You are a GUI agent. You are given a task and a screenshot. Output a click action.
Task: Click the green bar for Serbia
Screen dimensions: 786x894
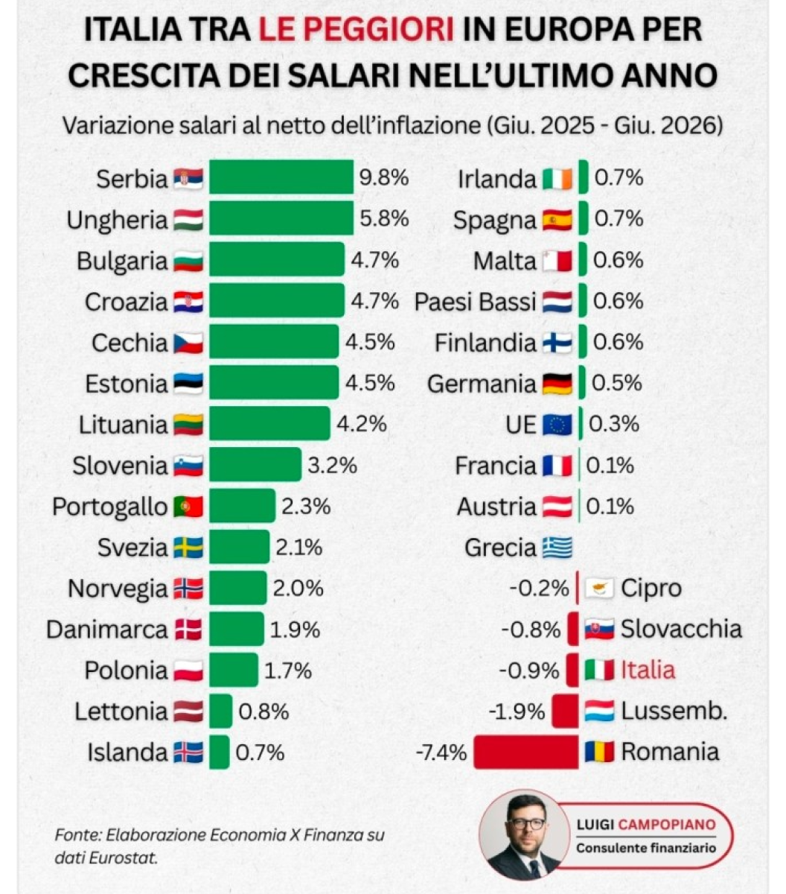point(281,177)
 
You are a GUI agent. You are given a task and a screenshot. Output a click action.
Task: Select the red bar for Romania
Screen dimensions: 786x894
point(526,752)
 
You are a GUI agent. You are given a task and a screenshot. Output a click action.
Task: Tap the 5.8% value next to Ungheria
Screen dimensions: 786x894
point(384,218)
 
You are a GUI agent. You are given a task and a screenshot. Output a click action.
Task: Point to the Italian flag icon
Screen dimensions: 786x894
point(599,670)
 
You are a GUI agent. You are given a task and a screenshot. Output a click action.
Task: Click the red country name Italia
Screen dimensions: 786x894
point(648,670)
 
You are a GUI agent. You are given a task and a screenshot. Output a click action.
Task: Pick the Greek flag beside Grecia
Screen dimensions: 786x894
point(557,548)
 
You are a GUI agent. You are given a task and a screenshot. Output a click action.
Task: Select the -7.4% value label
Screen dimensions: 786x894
point(441,752)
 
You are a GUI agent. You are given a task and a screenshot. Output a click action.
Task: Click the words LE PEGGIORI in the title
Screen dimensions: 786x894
point(357,30)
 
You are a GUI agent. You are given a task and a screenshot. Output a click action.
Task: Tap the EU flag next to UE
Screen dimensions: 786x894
point(557,425)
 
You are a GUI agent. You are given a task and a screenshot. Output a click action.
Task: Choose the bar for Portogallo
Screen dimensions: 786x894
point(243,506)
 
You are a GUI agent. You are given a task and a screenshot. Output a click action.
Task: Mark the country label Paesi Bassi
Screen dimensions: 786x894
point(476,302)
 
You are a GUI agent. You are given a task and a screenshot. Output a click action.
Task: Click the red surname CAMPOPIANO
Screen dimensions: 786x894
point(667,824)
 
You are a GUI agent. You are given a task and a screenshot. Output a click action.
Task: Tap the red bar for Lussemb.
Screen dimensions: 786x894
point(565,711)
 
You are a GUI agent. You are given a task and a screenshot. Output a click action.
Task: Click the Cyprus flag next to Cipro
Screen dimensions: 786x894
point(599,589)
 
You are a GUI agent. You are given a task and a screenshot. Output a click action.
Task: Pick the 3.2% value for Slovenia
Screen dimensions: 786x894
point(333,465)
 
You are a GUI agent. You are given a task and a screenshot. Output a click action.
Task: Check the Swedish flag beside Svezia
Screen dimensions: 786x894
point(188,548)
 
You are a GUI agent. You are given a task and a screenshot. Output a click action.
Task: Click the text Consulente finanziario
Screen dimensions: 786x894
point(646,848)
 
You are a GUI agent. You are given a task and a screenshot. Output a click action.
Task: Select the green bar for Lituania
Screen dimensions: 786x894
point(269,424)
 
